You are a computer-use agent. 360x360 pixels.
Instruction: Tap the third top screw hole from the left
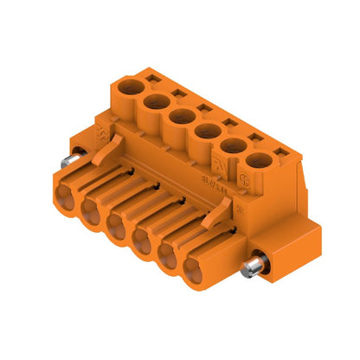182,115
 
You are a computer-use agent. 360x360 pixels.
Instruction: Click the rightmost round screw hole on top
257,160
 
